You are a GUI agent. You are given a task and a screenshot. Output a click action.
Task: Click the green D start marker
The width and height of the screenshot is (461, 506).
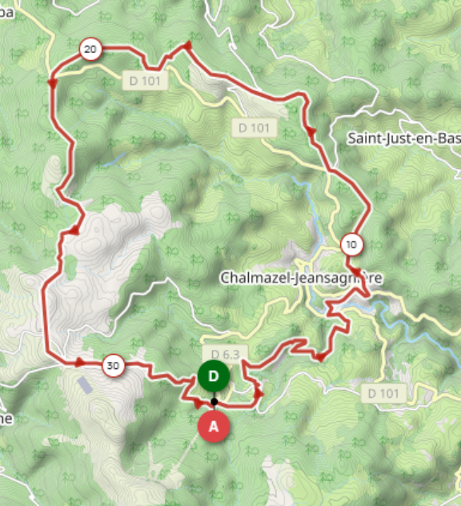tap(214, 375)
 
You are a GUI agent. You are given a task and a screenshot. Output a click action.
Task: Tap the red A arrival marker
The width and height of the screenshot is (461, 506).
tap(214, 427)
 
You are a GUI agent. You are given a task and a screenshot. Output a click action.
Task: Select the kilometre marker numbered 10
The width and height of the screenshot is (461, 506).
tap(351, 243)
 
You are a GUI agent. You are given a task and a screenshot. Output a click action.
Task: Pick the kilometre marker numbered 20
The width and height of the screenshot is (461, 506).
tap(90, 50)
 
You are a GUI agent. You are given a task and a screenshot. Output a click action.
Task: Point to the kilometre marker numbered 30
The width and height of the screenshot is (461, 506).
tap(113, 367)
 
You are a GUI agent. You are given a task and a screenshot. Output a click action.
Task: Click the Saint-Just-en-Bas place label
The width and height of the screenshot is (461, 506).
tap(404, 138)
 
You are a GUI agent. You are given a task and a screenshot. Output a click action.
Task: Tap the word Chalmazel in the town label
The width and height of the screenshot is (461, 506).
tap(254, 278)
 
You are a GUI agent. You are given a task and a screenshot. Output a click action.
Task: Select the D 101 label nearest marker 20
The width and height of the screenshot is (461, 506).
tap(145, 80)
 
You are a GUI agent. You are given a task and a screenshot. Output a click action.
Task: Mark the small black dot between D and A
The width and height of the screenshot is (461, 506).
tap(214, 401)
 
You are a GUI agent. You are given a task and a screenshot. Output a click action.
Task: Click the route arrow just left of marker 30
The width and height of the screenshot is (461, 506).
tap(80, 363)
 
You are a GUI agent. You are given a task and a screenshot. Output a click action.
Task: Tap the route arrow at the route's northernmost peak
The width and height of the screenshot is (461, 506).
tap(187, 46)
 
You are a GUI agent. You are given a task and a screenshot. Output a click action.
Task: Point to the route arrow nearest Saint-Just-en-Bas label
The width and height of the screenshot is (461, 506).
tap(310, 131)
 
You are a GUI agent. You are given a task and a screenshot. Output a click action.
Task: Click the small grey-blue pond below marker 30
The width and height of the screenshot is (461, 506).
tap(85, 385)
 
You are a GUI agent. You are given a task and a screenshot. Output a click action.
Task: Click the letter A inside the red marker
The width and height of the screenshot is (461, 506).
tap(214, 427)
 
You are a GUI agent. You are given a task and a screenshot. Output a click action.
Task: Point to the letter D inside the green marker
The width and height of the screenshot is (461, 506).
tap(214, 375)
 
